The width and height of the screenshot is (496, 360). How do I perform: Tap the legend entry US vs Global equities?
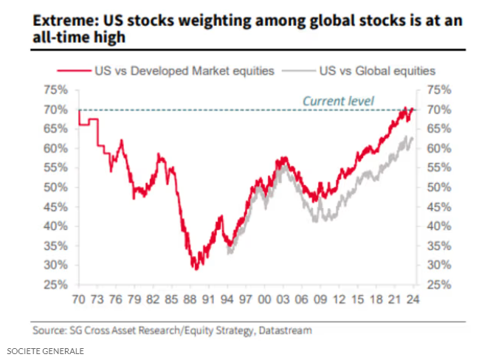pyautogui.click(x=377, y=71)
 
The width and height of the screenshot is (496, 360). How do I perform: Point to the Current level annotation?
pyautogui.click(x=339, y=100)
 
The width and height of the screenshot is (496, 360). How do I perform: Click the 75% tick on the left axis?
pyautogui.click(x=58, y=90)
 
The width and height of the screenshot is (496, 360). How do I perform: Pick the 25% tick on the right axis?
pyautogui.click(x=435, y=285)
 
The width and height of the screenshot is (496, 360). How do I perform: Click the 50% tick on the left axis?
pyautogui.click(x=58, y=187)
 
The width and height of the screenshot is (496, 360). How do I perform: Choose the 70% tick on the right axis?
pyautogui.click(x=435, y=109)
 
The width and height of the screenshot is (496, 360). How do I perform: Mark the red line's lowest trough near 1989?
pyautogui.click(x=196, y=269)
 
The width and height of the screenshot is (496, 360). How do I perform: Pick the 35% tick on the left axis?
pyautogui.click(x=58, y=246)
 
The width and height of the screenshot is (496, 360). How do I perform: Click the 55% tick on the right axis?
pyautogui.click(x=435, y=168)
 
